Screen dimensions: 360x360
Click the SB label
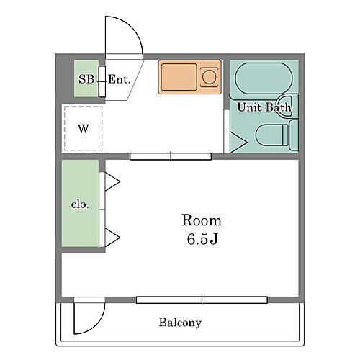point(86,79)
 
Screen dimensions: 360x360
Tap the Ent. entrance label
point(120,79)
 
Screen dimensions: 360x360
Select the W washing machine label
point(84,129)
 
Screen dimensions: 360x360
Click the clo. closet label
point(80,204)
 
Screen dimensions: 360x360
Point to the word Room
point(202,220)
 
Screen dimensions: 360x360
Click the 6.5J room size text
point(202,239)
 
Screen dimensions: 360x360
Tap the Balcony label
point(180,323)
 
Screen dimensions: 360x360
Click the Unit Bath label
point(264,107)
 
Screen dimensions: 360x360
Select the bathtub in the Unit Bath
point(264,78)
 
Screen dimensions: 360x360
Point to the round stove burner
point(209,77)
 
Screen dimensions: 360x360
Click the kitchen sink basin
point(179,77)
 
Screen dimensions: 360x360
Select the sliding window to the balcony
point(202,300)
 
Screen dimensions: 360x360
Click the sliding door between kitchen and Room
point(171,156)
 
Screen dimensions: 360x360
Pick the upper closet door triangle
point(112,182)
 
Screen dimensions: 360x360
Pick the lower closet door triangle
point(112,238)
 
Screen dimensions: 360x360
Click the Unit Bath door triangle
point(238,143)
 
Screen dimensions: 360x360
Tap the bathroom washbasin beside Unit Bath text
point(284,106)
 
